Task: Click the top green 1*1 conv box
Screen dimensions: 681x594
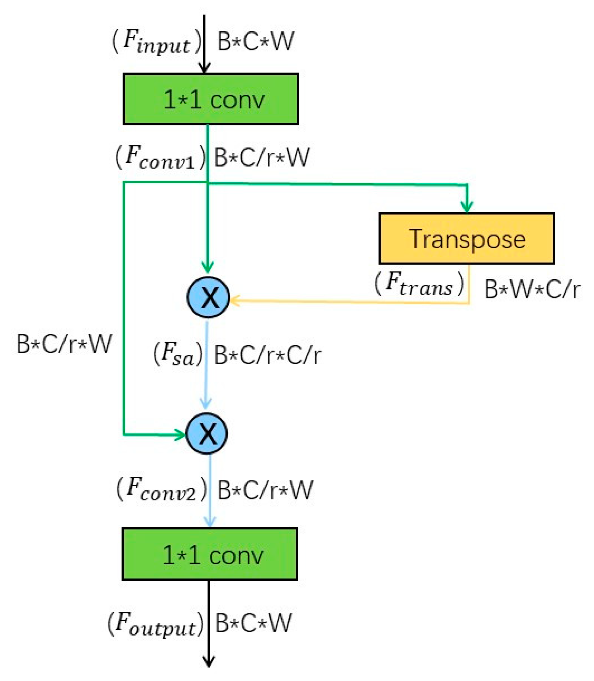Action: tap(211, 99)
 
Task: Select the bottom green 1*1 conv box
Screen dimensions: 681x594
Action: tap(209, 554)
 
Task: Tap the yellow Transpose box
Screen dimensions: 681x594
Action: tap(467, 239)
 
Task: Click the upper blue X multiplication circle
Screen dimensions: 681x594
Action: tap(208, 297)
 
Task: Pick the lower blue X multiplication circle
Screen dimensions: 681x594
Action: tap(206, 433)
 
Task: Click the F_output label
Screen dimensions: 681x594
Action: tap(156, 624)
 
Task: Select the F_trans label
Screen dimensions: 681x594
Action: tap(419, 284)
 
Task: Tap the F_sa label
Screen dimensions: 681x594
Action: tap(178, 354)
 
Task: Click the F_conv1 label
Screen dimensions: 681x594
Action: tap(160, 158)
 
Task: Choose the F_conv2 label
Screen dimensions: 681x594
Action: tap(162, 489)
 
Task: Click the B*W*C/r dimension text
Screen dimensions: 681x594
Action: tap(532, 290)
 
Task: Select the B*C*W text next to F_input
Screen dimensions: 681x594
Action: tap(255, 42)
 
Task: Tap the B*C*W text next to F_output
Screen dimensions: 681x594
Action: tap(253, 623)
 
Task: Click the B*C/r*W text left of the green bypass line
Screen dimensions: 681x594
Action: tap(64, 344)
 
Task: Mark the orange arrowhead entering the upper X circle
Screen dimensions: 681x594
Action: tap(233, 301)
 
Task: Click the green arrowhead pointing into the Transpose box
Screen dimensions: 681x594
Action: tap(467, 207)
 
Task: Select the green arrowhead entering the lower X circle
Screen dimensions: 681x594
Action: tap(181, 434)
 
